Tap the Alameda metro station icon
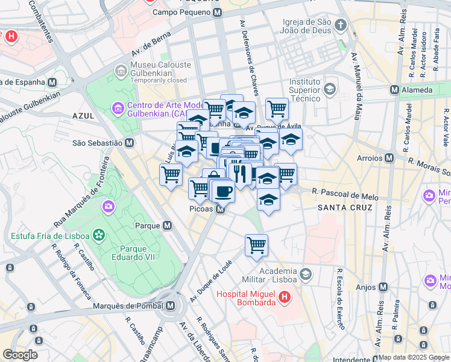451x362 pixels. (394, 90)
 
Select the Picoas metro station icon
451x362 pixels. (221, 209)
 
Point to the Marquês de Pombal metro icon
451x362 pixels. (171, 305)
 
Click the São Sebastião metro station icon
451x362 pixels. (129, 143)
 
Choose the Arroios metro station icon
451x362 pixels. (389, 158)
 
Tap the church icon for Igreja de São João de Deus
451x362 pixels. (341, 25)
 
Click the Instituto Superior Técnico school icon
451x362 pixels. (329, 90)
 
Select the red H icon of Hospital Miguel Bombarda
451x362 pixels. (285, 297)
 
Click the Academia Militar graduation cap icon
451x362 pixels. (306, 275)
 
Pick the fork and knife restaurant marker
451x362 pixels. (241, 174)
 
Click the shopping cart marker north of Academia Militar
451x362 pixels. (256, 245)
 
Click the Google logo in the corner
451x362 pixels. (20, 355)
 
